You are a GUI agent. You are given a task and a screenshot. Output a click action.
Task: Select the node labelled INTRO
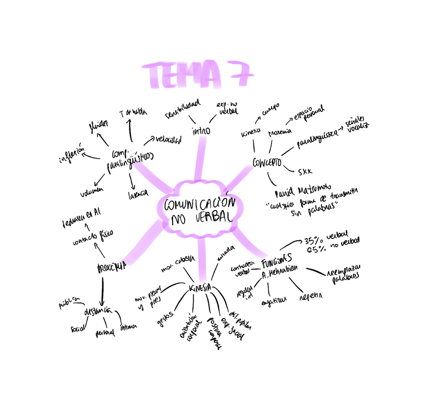(200, 131)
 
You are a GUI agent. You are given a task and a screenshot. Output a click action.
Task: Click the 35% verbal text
(324, 239)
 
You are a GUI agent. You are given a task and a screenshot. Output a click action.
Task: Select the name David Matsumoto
(302, 194)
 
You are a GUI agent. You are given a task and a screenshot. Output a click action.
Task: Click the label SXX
(305, 171)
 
